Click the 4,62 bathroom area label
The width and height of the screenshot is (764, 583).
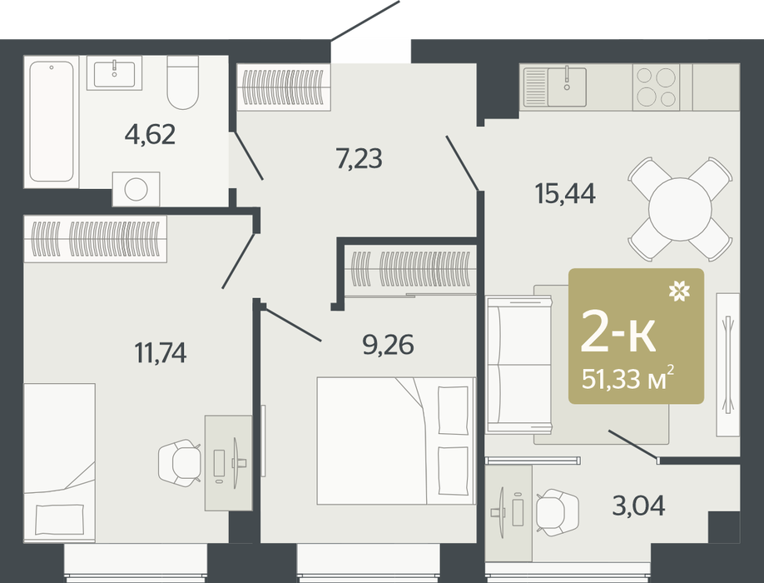150,134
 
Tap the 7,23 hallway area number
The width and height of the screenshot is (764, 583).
359,158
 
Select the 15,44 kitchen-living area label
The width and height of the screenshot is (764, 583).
565,193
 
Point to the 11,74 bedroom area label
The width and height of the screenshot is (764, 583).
161,352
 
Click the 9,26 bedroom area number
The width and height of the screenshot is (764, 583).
388,345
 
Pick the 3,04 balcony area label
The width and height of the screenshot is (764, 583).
639,506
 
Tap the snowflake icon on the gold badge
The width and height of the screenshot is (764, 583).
679,291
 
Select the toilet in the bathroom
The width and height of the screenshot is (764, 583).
183,82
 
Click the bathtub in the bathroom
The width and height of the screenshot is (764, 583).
51,122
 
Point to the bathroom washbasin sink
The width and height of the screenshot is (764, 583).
115,73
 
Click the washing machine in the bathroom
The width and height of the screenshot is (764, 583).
136,189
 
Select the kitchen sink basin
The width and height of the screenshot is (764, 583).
567,87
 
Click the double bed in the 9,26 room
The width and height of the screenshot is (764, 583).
395,441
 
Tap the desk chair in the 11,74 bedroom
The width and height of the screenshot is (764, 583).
179,462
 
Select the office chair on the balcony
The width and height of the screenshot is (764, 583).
558,513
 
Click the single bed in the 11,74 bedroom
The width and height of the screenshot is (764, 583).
59,462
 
